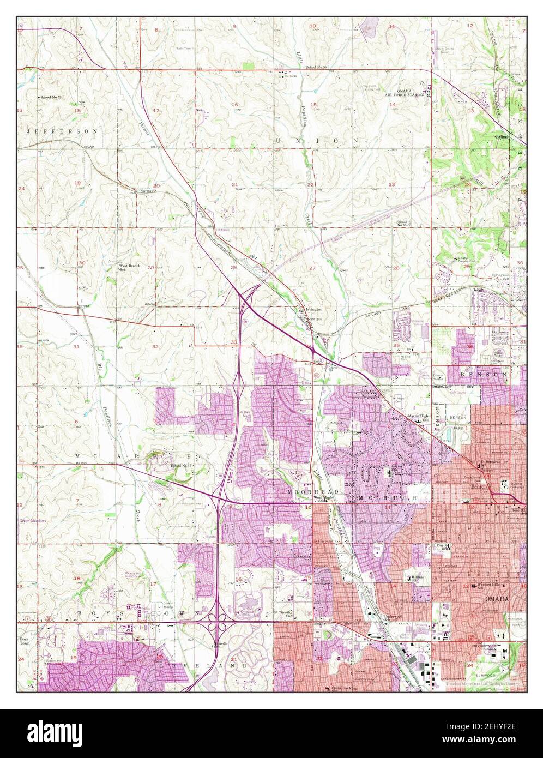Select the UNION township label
(317, 140)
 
